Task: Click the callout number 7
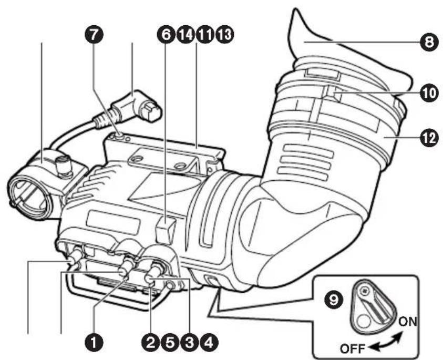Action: pos(96,35)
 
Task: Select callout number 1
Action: pos(94,343)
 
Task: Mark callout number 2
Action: pos(151,343)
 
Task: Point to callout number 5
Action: pos(170,343)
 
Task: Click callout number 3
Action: pos(189,343)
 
